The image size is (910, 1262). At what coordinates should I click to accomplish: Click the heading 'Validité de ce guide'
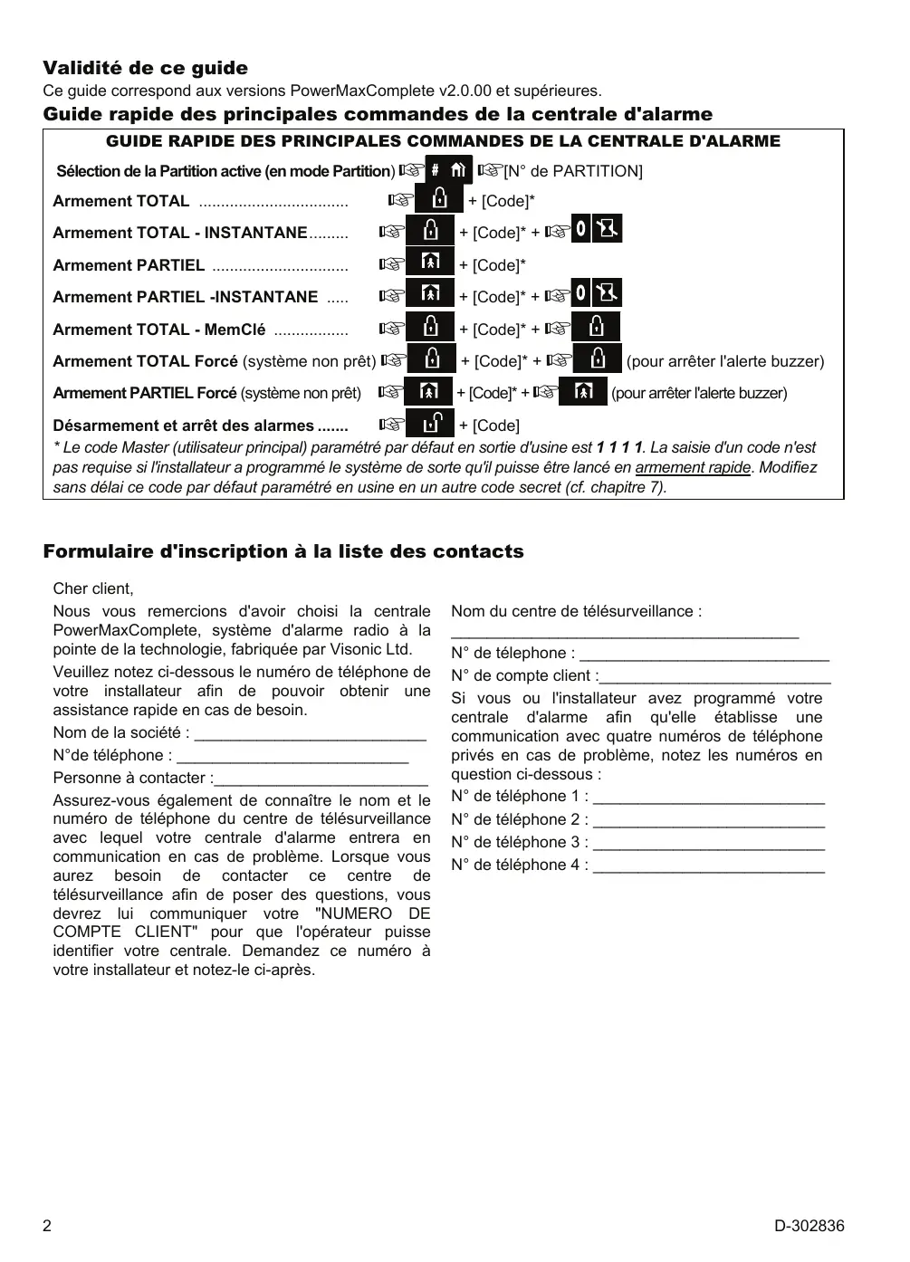point(145,68)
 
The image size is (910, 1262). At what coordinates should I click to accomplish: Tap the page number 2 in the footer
point(48,1227)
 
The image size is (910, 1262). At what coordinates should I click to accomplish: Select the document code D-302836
point(809,1227)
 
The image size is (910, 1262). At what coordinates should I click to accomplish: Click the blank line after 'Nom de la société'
point(310,734)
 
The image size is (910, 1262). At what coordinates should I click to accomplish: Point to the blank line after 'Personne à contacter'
point(321,779)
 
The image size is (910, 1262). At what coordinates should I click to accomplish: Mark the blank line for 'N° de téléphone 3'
point(709,844)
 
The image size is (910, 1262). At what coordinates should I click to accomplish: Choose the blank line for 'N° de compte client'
point(715,677)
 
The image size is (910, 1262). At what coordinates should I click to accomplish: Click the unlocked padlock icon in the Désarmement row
point(429,424)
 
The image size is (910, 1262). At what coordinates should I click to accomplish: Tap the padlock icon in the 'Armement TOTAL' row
point(438,199)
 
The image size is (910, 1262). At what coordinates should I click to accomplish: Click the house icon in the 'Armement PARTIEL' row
point(429,263)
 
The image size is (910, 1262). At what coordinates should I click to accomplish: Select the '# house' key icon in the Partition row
point(448,169)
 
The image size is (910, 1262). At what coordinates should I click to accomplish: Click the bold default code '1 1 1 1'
point(619,447)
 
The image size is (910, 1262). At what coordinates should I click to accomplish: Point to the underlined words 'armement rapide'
point(693,468)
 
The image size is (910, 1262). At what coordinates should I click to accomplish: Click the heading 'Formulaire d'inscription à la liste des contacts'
point(283,551)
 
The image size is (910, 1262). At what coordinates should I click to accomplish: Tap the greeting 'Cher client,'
point(92,588)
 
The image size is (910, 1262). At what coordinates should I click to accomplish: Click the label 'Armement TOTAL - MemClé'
point(159,330)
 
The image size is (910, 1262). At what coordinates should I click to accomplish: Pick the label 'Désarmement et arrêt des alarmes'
point(184,425)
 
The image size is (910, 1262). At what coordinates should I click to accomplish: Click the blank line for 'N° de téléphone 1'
point(709,798)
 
